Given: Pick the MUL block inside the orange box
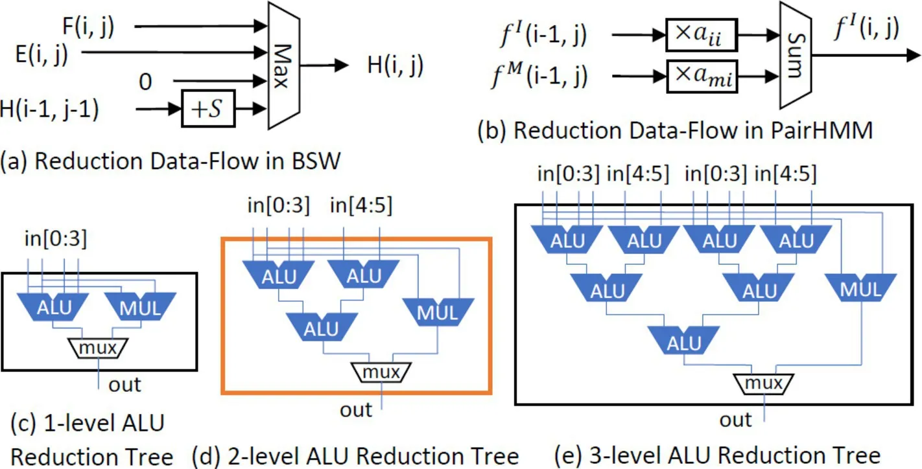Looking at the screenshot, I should pos(438,312).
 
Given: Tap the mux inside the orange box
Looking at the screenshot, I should pos(381,372).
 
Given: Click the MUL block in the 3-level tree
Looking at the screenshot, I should pos(860,290).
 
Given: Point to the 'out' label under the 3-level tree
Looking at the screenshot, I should pos(736,420).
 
